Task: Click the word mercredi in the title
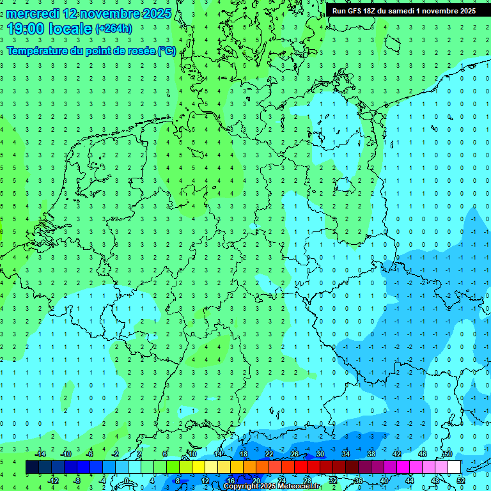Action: point(33,13)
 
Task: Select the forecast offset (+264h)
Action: point(114,28)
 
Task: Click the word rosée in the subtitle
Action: point(139,51)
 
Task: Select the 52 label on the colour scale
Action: point(461,481)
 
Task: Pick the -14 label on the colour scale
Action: point(40,454)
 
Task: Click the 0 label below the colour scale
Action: point(127,481)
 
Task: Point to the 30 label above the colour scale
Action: point(320,454)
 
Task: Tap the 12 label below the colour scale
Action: point(205,481)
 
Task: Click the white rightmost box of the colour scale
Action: point(454,467)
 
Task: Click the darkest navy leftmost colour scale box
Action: point(32,467)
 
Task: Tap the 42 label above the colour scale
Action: point(396,454)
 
